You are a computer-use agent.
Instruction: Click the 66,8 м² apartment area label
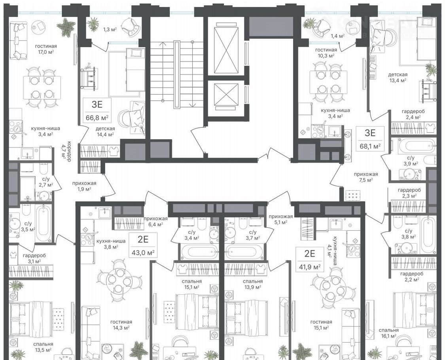97,117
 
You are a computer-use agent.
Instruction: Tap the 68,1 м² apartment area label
370,146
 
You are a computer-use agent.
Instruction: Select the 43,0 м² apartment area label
143,252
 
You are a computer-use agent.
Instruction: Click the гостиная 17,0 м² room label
46,49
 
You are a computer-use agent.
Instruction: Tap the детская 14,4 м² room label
105,131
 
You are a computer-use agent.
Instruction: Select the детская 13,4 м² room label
398,77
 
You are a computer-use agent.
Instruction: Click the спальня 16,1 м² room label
388,333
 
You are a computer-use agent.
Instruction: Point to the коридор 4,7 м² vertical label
66,152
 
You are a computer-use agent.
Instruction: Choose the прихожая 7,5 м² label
365,177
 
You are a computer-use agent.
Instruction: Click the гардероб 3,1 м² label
34,258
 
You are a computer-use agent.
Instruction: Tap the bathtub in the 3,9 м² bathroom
417,145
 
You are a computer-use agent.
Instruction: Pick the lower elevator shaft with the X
226,95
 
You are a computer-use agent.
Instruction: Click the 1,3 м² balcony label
110,29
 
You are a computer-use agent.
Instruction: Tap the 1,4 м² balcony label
337,36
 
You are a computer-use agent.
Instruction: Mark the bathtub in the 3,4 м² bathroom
199,252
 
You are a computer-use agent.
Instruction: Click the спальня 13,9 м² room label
253,284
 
